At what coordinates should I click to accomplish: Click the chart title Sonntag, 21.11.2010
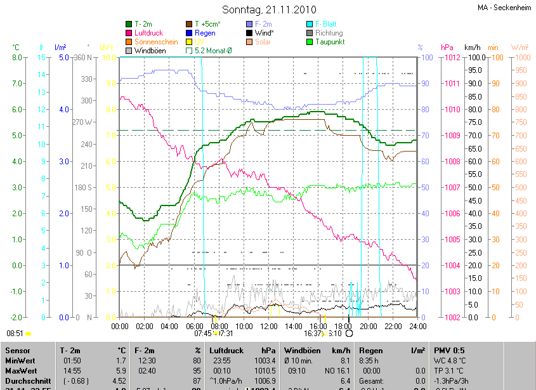268,10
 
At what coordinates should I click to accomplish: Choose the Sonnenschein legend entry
155,42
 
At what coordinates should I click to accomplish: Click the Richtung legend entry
329,33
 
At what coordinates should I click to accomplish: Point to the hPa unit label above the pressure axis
447,48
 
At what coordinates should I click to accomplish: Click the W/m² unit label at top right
519,48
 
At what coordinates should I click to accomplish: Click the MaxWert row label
21,370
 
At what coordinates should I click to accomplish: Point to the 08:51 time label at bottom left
15,333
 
